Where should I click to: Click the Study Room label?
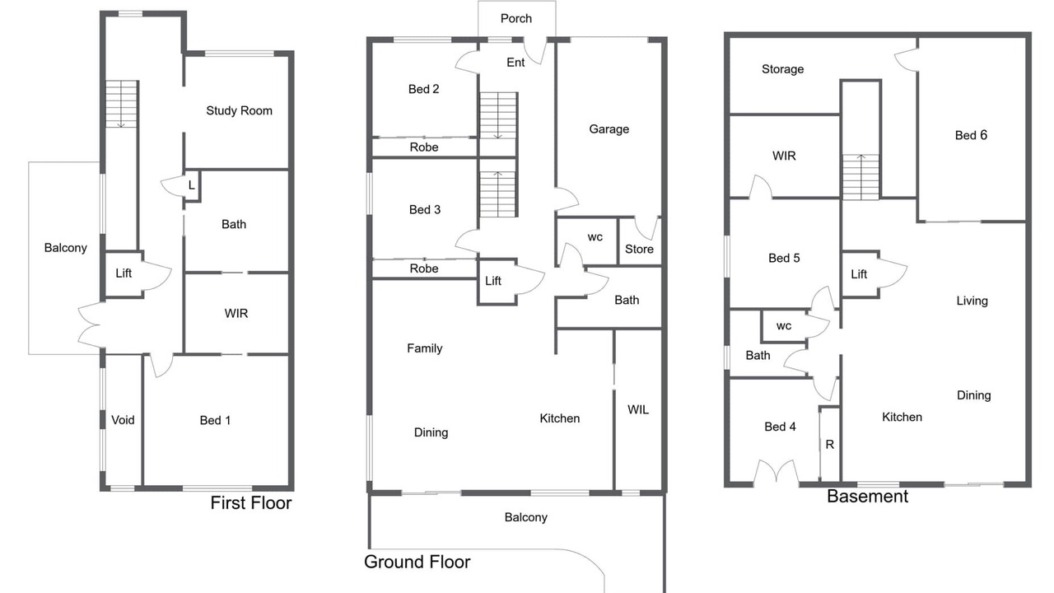239,111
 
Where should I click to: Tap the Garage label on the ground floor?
609,129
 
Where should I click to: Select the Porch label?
516,18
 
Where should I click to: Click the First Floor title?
251,503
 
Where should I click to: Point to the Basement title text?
867,497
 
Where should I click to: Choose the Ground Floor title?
417,562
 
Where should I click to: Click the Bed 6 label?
971,136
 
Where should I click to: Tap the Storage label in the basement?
782,70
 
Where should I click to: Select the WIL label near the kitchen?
638,410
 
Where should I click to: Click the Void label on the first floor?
123,420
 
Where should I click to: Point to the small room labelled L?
192,185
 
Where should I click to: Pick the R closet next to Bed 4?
829,444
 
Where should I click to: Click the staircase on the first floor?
121,104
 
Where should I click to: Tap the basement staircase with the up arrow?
860,177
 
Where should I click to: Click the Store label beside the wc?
639,249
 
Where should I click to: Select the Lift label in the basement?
859,274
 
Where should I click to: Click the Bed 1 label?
215,420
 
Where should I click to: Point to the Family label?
424,348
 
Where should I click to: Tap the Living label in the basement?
972,301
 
